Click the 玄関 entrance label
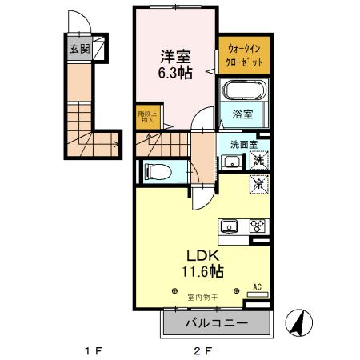(x=78, y=49)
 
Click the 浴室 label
(x=242, y=114)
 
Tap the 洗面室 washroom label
(x=242, y=145)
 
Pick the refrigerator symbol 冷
(x=261, y=183)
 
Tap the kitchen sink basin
(x=227, y=225)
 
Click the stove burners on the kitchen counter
(x=258, y=225)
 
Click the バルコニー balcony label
(x=217, y=323)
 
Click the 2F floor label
(x=202, y=350)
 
